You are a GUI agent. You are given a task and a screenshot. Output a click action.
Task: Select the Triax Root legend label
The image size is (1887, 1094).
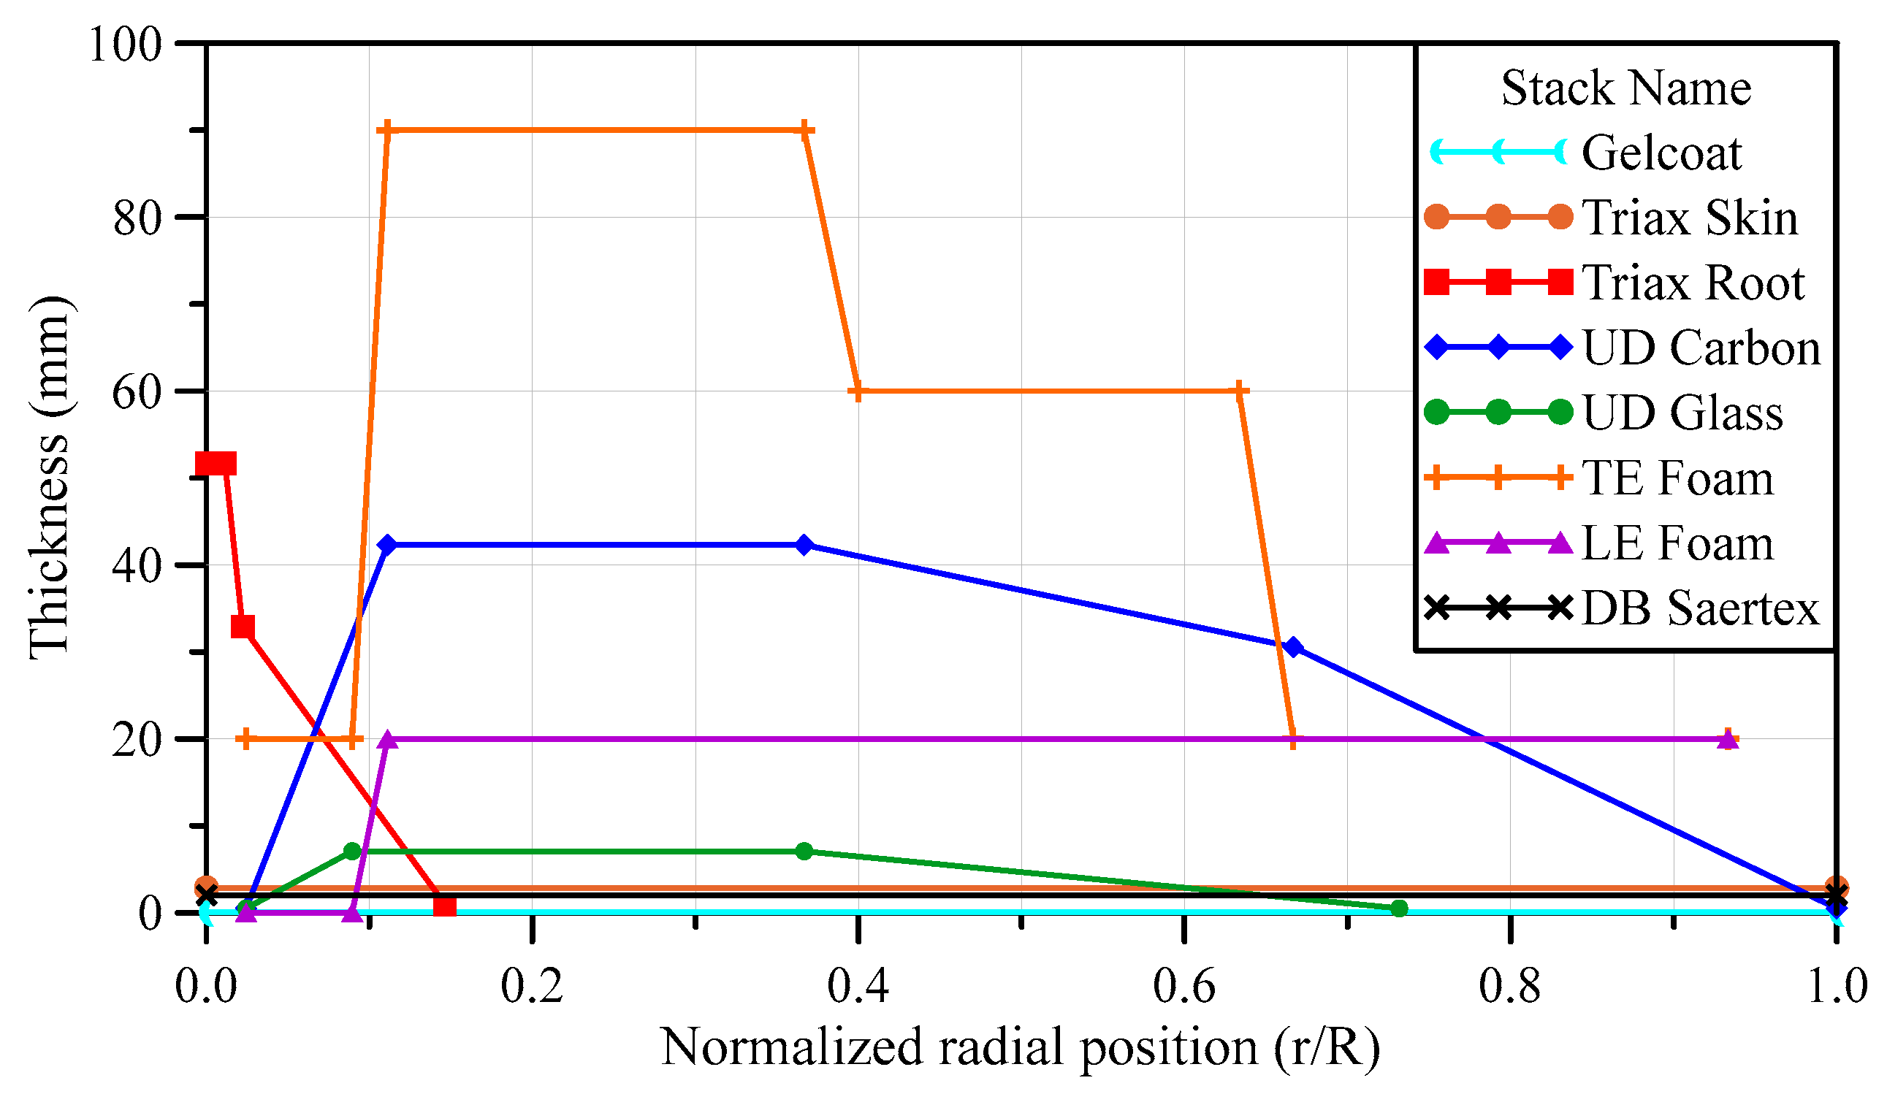[x=1693, y=283]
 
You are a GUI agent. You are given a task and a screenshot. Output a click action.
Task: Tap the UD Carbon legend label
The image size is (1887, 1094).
[x=1701, y=348]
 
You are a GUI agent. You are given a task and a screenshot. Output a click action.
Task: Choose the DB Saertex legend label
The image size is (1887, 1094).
[x=1701, y=608]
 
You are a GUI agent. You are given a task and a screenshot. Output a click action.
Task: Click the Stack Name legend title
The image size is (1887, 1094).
[x=1626, y=88]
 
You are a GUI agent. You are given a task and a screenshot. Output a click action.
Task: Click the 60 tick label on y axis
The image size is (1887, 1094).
[x=137, y=392]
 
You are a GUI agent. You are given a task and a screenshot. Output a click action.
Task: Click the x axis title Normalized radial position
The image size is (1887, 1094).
[x=1020, y=1047]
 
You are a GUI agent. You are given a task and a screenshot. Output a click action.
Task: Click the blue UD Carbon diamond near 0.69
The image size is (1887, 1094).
[x=1293, y=648]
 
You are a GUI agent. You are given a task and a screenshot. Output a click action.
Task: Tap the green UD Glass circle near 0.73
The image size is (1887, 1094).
[x=1399, y=909]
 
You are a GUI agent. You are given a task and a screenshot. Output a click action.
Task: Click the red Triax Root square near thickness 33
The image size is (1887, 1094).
[x=243, y=627]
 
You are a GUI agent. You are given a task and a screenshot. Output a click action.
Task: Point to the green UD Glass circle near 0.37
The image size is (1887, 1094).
[x=804, y=852]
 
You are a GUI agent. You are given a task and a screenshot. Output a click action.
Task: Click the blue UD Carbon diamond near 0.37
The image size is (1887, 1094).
[x=804, y=546]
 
